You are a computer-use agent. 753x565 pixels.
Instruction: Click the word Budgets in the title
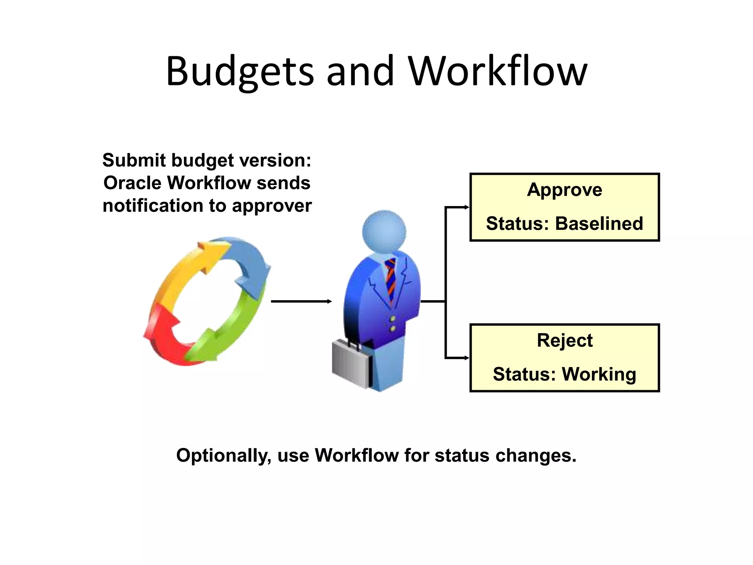click(x=240, y=72)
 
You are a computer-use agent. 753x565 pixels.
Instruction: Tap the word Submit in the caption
click(x=134, y=161)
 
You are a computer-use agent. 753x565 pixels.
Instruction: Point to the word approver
click(x=271, y=206)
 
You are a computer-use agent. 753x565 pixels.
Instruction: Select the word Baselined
click(x=599, y=224)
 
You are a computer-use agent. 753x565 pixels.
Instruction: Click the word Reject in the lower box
click(x=564, y=341)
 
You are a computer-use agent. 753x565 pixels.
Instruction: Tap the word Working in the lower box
click(x=599, y=374)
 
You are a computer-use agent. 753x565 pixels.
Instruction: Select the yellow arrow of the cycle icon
click(x=184, y=269)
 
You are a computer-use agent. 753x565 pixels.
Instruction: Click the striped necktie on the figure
click(x=390, y=278)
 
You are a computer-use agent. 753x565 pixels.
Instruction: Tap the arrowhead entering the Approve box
click(x=467, y=207)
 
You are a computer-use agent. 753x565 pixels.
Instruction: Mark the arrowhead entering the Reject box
click(x=467, y=358)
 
